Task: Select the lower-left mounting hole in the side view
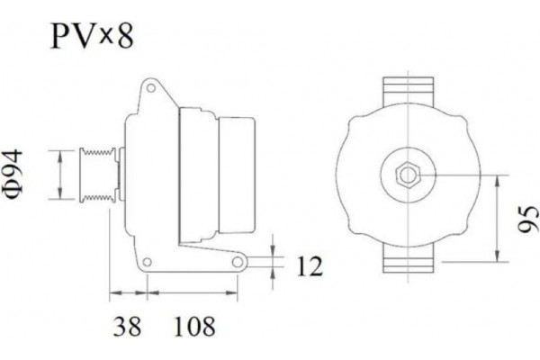click(x=144, y=263)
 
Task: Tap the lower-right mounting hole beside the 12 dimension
click(x=238, y=262)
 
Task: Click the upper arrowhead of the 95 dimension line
click(x=497, y=177)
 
